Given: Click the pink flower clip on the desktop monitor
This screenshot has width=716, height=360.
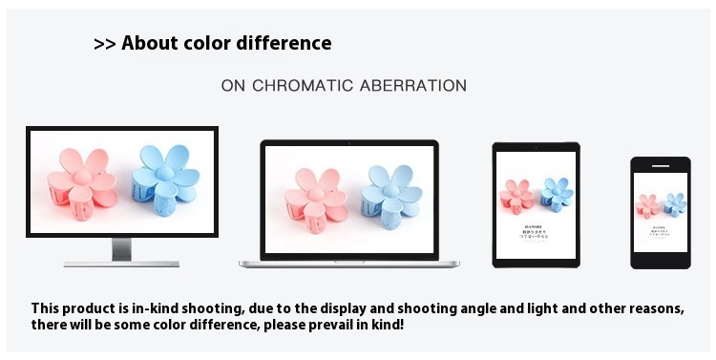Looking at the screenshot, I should coord(83,181).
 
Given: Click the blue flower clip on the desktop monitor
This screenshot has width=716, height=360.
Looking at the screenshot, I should coord(165,179).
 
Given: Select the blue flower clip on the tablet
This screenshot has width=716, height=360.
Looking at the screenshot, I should coord(557,194).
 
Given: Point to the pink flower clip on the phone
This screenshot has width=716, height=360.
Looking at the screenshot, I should coord(649,204).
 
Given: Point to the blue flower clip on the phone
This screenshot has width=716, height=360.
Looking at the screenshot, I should coord(675,202).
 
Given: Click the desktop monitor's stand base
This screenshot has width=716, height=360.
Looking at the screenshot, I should coord(121,262).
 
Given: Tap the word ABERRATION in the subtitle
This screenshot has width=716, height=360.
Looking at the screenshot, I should coord(413,86).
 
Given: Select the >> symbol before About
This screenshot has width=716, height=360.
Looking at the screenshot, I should coord(104,44).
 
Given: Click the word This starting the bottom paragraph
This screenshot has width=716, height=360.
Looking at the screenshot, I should coord(47,308).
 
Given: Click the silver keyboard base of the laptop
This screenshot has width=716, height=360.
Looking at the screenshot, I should coord(348,261).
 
